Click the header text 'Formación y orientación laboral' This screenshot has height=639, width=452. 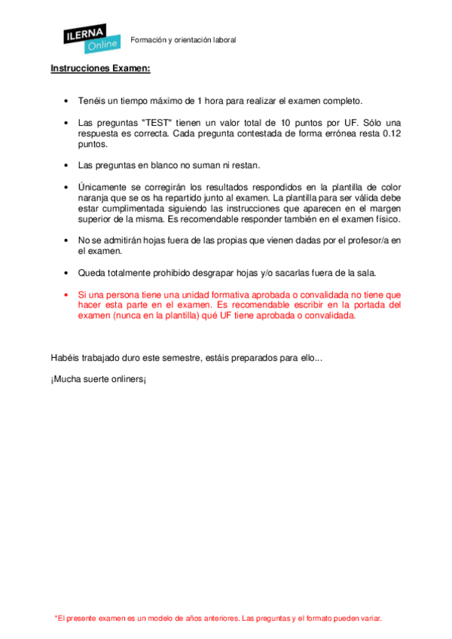pos(183,40)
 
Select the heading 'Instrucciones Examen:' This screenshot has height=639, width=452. pos(100,69)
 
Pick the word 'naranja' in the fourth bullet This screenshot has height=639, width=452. pos(94,197)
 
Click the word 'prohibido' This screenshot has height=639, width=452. pos(177,272)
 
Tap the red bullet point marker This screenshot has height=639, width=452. pos(67,295)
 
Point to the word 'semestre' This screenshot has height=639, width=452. pos(176,357)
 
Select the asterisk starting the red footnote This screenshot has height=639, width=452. pos(56,618)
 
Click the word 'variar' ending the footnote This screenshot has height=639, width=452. pos(368,619)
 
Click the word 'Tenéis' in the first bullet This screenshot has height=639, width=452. pos(92,100)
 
